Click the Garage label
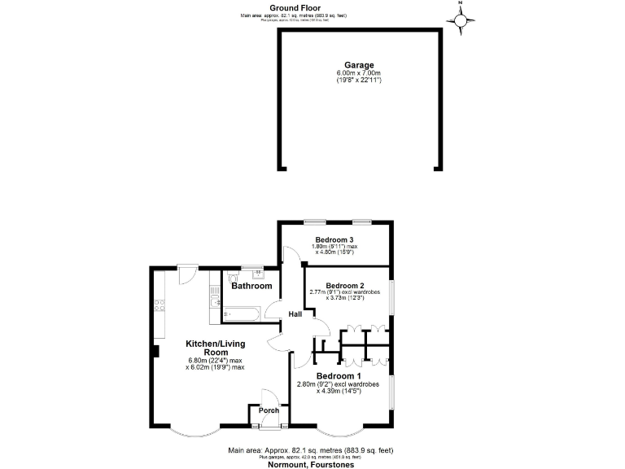click(x=359, y=65)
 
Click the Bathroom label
click(x=251, y=286)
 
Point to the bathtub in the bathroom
click(x=240, y=312)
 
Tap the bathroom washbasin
click(x=258, y=274)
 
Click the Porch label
click(x=269, y=410)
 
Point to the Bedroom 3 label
click(x=334, y=239)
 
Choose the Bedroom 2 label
click(x=344, y=286)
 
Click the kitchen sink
click(x=214, y=304)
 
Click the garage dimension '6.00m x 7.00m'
click(x=359, y=73)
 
